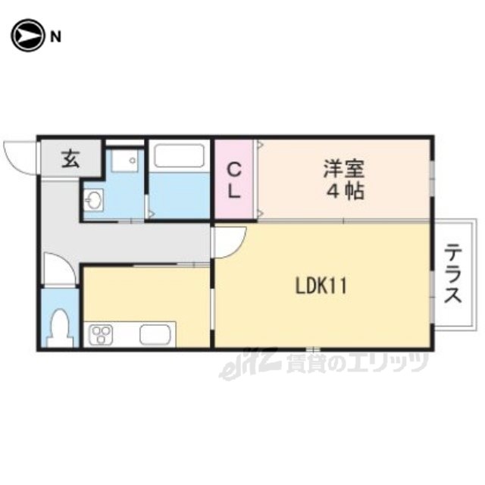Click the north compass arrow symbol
(27, 36)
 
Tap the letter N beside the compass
(55, 37)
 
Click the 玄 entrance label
(70, 159)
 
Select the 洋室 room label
(344, 168)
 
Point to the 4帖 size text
(346, 192)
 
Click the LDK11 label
(321, 286)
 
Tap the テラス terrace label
(453, 273)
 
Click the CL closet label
(234, 180)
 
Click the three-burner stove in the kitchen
(101, 335)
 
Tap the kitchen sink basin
(155, 334)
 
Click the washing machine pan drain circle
(133, 161)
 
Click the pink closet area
(234, 179)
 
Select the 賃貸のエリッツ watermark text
(357, 363)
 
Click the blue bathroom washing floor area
(179, 196)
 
